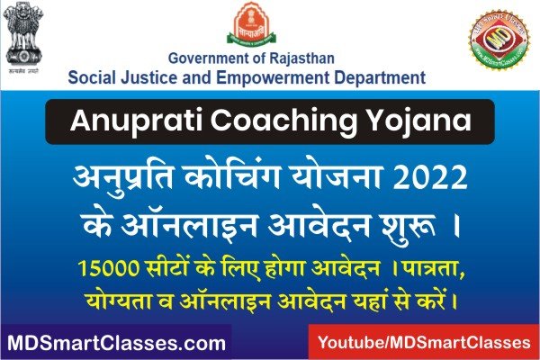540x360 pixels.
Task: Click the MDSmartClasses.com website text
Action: pyautogui.click(x=116, y=343)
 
